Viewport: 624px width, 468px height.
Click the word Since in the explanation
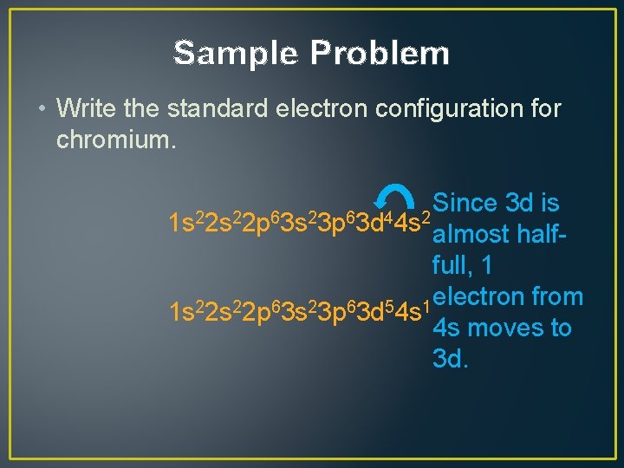tap(465, 204)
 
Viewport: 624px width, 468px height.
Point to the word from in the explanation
tap(559, 297)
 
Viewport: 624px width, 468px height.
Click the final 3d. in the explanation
tap(451, 359)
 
